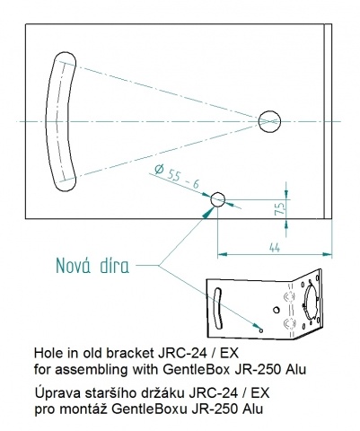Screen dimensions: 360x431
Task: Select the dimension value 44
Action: coord(275,247)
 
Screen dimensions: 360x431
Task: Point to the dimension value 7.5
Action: coord(279,209)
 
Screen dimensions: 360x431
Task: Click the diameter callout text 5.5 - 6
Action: coord(183,179)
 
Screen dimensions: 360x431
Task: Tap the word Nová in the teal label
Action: coord(74,265)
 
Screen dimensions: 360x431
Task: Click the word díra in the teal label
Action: coord(115,265)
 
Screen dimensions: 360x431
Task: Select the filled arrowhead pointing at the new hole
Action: coord(207,212)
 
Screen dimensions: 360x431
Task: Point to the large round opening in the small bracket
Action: coord(311,303)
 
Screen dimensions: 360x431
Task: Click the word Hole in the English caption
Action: coord(45,353)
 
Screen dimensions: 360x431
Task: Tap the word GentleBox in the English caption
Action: coord(197,370)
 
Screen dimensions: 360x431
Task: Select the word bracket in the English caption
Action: coord(129,353)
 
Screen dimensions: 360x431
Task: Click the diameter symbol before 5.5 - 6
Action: coord(160,170)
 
